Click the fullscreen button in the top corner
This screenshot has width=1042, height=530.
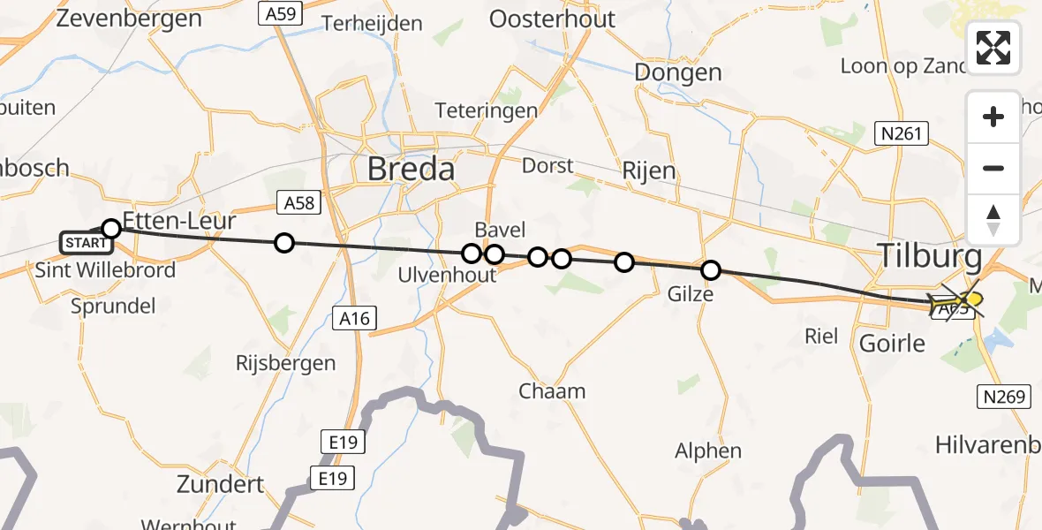(x=993, y=48)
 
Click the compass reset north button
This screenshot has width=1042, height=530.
(x=993, y=220)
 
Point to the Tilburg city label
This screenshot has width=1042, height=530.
(x=929, y=256)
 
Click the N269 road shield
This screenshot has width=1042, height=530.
(x=1006, y=397)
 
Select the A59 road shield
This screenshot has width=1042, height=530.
(x=280, y=12)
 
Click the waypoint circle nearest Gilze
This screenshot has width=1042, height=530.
(x=711, y=270)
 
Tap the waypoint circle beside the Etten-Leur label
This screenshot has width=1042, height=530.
(x=111, y=229)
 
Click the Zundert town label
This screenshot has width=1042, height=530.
(x=220, y=484)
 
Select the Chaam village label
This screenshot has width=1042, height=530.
(x=552, y=390)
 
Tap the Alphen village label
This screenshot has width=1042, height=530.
(x=708, y=450)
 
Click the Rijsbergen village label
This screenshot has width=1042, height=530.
(x=286, y=362)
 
